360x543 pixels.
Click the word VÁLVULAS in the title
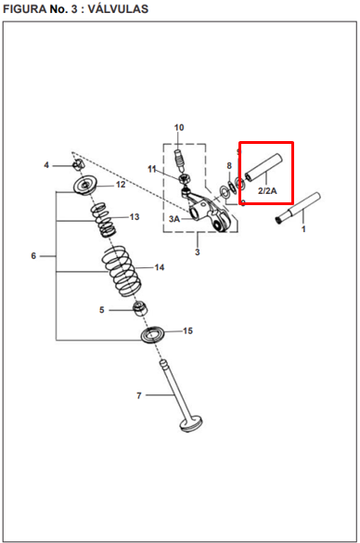click(x=118, y=9)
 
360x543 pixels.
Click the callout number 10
click(x=179, y=127)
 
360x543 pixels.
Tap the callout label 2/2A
click(x=267, y=190)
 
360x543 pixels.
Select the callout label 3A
click(x=174, y=219)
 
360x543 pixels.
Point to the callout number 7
click(x=139, y=395)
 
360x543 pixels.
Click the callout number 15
click(x=187, y=330)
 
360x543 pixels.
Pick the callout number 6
click(x=33, y=256)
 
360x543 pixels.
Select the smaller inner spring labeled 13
click(x=103, y=219)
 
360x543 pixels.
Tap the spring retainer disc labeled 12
click(x=85, y=186)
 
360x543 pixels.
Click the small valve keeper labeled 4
click(x=79, y=164)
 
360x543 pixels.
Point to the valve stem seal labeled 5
click(x=140, y=308)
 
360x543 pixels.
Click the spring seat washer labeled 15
click(x=152, y=334)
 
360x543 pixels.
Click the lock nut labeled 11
click(x=183, y=179)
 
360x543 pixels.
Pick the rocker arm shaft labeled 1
click(x=298, y=209)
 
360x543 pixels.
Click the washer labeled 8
click(x=231, y=186)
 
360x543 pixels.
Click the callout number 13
click(x=135, y=217)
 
